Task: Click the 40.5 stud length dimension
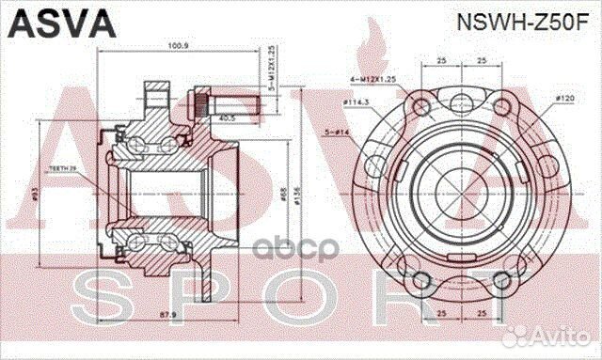click(229, 119)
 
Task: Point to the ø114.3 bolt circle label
click(355, 102)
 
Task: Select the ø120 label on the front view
click(564, 98)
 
